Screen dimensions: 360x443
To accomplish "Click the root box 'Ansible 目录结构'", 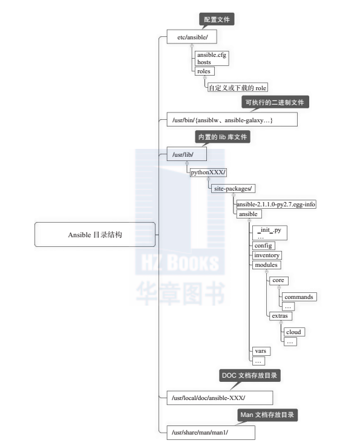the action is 95,234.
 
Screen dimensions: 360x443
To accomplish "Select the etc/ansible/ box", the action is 192,37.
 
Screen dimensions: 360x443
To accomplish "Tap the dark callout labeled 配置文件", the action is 217,19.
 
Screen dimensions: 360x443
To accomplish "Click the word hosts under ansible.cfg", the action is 204,62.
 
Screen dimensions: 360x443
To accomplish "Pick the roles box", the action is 205,71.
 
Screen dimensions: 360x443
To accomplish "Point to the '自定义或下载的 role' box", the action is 237,88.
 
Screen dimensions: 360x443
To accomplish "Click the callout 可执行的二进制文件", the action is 275,102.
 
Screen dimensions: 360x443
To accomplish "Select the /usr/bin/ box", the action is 232,119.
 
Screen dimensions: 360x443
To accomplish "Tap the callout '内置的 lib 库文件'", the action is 223,137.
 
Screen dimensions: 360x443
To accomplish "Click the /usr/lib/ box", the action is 186,154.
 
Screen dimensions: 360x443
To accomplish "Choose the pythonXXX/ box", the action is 208,172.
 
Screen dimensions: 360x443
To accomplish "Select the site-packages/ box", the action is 233,188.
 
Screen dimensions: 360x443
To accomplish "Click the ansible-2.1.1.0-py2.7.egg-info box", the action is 276,205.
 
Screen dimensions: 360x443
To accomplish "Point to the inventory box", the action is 267,255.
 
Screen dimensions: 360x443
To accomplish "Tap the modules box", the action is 266,264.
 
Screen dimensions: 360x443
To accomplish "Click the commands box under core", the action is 299,297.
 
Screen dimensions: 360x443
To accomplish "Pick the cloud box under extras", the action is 294,332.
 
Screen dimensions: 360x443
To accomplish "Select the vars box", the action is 261,351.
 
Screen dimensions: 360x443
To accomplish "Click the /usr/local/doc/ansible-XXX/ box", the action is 220,398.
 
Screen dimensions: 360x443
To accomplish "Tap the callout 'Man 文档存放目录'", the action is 267,415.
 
